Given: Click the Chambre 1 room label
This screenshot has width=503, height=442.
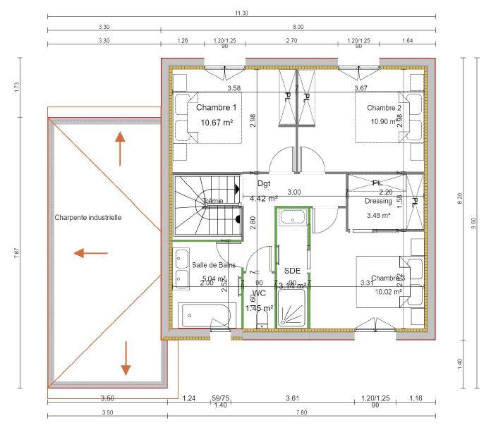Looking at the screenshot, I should point(216,108).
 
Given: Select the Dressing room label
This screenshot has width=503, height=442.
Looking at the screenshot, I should point(378,201).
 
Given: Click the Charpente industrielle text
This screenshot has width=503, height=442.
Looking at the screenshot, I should point(88,218).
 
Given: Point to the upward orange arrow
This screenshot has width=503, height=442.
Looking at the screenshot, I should point(121,148).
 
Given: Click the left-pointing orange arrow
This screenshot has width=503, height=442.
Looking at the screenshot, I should point(91,252).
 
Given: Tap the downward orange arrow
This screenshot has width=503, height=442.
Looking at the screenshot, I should point(126,359).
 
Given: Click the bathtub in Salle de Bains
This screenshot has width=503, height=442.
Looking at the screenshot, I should point(206,315).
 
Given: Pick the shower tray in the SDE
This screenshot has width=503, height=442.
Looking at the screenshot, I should point(292,310).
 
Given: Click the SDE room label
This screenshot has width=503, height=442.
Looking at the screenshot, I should point(292,270).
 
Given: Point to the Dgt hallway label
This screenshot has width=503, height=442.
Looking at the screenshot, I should point(264,183).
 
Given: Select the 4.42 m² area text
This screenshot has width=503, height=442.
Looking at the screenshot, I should point(264,199).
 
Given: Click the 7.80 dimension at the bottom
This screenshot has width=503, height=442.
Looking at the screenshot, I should point(301,412).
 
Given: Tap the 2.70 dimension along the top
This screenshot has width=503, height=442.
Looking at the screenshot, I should point(291,41).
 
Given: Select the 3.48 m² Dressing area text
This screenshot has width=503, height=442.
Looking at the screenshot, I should point(379,215).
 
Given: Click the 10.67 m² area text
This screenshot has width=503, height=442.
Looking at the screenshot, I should point(217,122).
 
